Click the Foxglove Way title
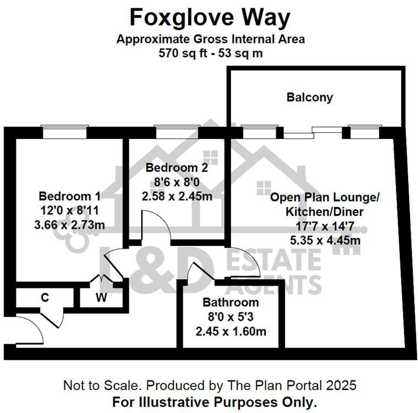point(209,18)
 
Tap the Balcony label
point(310,98)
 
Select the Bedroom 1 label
point(70,196)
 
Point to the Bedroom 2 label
point(173,167)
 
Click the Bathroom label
point(230,303)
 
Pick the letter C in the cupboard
point(45,298)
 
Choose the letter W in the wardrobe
point(101,298)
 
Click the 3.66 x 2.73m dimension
point(70,225)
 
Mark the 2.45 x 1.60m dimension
point(230,331)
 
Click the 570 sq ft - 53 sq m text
point(210,53)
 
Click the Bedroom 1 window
point(65,132)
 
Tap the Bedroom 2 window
point(177,132)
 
